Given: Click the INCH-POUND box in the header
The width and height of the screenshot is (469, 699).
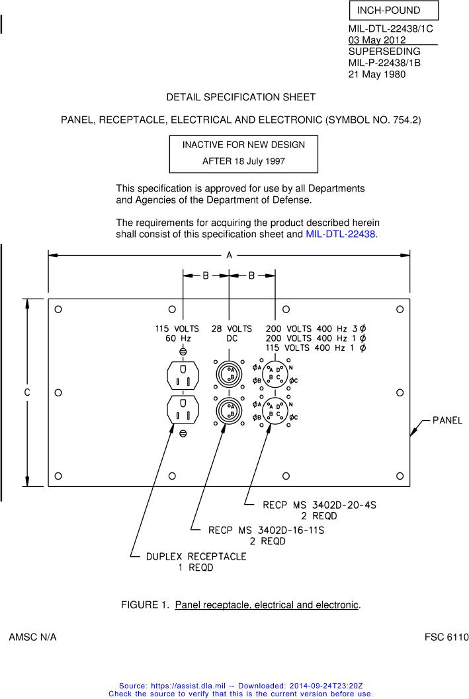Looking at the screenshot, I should [393, 11].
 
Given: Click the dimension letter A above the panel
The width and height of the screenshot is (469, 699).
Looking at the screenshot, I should [229, 255].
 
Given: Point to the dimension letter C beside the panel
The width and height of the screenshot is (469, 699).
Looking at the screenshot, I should [27, 392].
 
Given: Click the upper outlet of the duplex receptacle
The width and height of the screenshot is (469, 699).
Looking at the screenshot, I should [183, 377].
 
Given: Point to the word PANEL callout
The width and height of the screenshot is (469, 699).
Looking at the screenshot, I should [447, 420].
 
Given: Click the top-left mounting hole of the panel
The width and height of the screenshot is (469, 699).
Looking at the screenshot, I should [58, 309].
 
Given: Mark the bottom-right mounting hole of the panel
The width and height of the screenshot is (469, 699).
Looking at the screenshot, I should [400, 476].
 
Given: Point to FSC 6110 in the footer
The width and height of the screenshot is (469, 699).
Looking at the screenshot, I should [446, 638].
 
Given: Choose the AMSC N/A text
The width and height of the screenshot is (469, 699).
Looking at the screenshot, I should [32, 638].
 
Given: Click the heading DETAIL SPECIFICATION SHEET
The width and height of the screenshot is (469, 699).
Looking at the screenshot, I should [241, 97].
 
